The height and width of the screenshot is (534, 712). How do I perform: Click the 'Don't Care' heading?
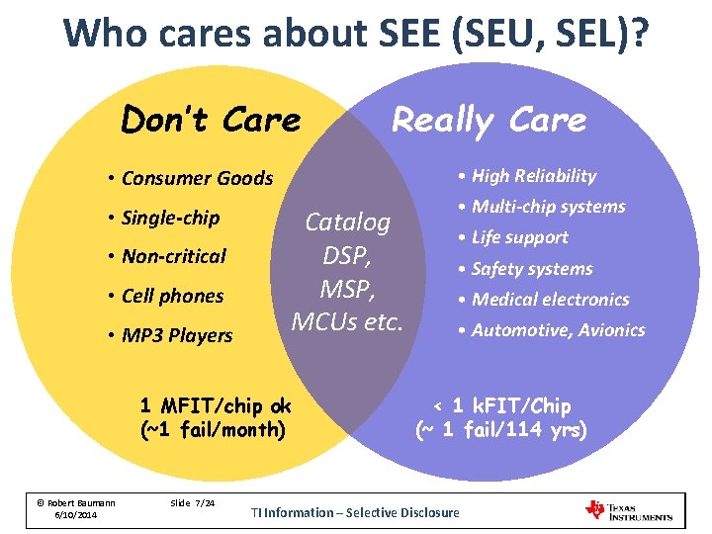(x=210, y=120)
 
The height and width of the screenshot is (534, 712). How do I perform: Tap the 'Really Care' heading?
(x=489, y=120)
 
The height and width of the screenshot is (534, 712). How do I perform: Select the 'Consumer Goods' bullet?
(x=197, y=178)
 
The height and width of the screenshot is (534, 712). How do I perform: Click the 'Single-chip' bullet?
(x=170, y=218)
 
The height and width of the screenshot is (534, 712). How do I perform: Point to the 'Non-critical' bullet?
(x=173, y=256)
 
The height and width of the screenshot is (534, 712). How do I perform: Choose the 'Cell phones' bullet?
(x=172, y=296)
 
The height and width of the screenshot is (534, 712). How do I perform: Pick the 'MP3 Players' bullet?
(x=177, y=335)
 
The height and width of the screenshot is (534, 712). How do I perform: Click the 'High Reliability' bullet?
(x=533, y=176)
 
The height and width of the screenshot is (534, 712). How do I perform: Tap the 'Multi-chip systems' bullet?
(x=548, y=207)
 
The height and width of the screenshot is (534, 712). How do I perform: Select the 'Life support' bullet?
(x=519, y=237)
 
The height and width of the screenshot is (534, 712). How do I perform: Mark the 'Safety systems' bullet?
(x=532, y=269)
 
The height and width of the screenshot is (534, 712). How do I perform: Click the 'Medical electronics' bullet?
(x=550, y=300)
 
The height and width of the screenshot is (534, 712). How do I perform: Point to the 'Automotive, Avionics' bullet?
(x=558, y=330)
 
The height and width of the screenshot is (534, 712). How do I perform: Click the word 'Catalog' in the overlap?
(x=347, y=222)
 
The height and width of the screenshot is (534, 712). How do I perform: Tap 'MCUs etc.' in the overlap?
(x=347, y=321)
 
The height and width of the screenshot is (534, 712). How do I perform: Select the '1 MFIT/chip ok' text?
(x=216, y=406)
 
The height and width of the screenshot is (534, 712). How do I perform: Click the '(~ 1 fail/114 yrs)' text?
(x=500, y=430)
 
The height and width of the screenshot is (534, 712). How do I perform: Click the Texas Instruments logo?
(x=629, y=510)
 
